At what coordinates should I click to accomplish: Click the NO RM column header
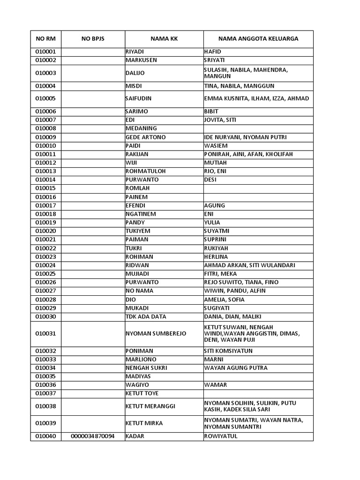click(x=45, y=39)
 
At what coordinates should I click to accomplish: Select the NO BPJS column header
click(x=93, y=39)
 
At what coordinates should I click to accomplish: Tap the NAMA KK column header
click(x=164, y=39)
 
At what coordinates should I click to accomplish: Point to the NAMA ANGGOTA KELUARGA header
click(x=258, y=39)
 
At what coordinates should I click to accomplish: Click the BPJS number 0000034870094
click(x=93, y=436)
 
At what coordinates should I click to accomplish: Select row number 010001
click(x=45, y=52)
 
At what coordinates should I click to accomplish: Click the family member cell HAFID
click(x=212, y=52)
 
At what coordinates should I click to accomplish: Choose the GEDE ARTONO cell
click(x=145, y=137)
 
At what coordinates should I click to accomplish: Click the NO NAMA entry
click(x=139, y=291)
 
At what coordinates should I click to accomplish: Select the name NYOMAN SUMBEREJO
click(x=156, y=334)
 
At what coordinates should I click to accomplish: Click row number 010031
click(x=45, y=334)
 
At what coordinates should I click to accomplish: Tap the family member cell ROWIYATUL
click(x=221, y=436)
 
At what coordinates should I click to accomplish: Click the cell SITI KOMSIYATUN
click(x=228, y=351)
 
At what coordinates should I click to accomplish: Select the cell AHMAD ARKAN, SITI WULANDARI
click(x=249, y=265)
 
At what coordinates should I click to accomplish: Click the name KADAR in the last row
click(x=135, y=436)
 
